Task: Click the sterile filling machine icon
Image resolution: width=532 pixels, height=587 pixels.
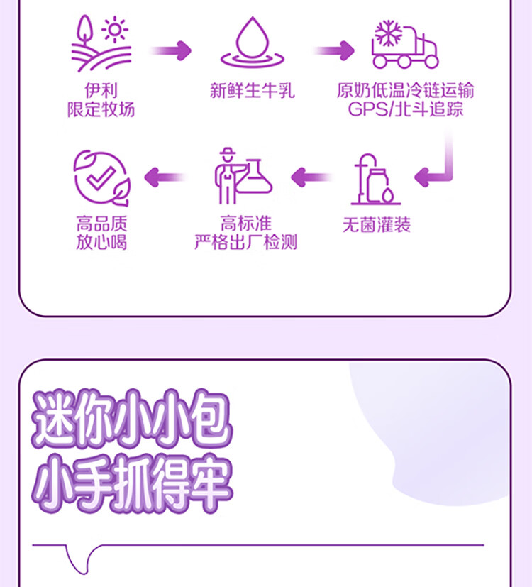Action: pyautogui.click(x=376, y=179)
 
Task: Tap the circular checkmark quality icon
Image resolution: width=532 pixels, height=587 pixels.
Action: pyautogui.click(x=101, y=177)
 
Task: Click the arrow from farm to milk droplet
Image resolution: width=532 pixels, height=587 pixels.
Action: pyautogui.click(x=171, y=50)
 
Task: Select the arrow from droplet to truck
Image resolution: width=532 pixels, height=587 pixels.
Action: pyautogui.click(x=334, y=50)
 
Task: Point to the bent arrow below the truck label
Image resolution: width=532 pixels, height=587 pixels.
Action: pyautogui.click(x=438, y=167)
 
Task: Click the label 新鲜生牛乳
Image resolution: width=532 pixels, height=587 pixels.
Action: pyautogui.click(x=252, y=91)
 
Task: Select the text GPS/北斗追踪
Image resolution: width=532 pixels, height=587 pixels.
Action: pyautogui.click(x=406, y=109)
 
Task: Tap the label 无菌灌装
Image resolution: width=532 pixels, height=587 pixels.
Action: pyautogui.click(x=376, y=226)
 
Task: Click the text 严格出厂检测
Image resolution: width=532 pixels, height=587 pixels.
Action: pyautogui.click(x=245, y=243)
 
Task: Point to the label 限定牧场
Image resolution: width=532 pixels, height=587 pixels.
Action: pyautogui.click(x=101, y=109)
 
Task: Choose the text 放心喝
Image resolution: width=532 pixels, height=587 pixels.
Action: pyautogui.click(x=101, y=243)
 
